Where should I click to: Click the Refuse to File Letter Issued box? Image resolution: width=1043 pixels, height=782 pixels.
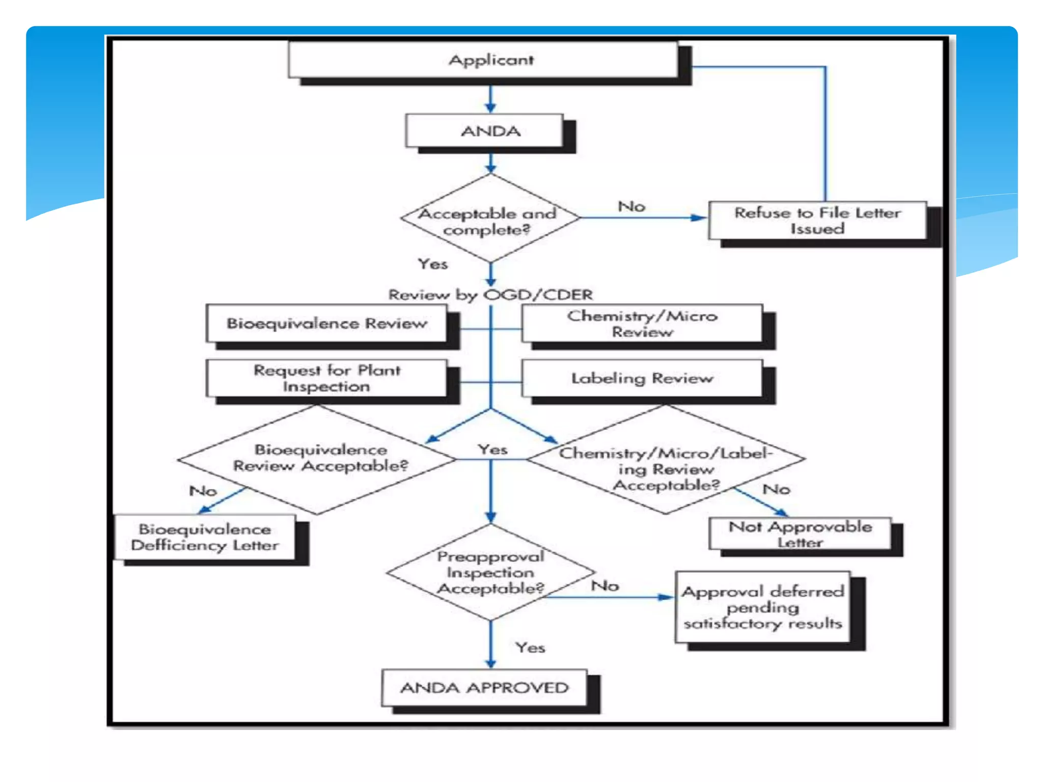817,220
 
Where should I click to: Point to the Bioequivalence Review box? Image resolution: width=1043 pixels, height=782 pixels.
326,323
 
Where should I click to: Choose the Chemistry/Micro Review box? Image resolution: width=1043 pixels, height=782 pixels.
642,323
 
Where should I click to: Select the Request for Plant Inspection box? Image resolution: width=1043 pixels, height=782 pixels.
326,378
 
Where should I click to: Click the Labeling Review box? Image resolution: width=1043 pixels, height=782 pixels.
642,378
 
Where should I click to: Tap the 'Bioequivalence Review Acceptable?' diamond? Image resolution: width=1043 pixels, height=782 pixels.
318,458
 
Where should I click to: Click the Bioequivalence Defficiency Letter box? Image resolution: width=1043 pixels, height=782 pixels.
205,537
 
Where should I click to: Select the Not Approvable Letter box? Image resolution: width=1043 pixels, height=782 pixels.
800,534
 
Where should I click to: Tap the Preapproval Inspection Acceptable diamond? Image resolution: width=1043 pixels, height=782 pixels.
490,572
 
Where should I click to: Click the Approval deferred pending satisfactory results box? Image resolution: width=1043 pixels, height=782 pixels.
762,607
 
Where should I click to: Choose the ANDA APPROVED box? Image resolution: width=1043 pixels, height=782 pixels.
484,687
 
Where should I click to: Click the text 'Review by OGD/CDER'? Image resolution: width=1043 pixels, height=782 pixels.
490,294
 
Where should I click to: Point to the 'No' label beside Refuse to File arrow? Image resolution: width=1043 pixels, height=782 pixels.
631,206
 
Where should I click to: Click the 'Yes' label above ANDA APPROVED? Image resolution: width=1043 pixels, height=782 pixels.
530,648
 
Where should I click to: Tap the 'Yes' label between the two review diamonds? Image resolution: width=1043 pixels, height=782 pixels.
492,449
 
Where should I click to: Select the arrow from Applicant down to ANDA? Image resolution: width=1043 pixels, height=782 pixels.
490,99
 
